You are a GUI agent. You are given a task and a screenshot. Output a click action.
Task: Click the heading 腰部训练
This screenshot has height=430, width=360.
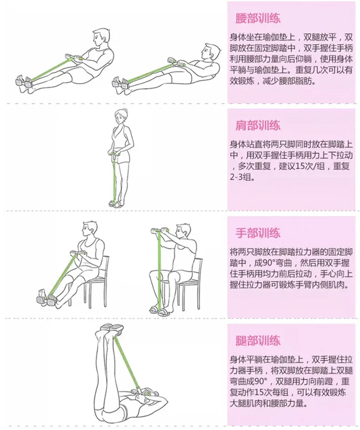pyautogui.click(x=258, y=18)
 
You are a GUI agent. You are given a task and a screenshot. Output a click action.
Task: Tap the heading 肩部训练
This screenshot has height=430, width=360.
pyautogui.click(x=258, y=125)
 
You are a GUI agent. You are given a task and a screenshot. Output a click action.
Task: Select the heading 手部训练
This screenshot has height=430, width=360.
pyautogui.click(x=258, y=233)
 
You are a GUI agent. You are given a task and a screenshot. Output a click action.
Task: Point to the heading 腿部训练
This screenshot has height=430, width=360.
pyautogui.click(x=258, y=340)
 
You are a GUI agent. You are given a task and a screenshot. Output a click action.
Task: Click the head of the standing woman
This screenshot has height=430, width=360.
pyautogui.click(x=121, y=116)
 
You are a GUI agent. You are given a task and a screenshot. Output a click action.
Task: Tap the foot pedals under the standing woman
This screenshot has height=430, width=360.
pyautogui.click(x=115, y=203)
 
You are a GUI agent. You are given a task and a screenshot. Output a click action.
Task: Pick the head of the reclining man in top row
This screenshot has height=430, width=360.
pyautogui.click(x=211, y=52)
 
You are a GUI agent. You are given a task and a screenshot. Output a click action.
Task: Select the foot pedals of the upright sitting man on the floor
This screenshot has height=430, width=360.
pyautogui.click(x=24, y=81)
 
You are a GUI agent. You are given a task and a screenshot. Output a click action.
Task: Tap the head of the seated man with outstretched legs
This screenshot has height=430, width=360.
pyautogui.click(x=90, y=230)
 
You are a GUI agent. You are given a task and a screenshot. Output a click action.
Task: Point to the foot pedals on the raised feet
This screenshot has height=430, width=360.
pyautogui.click(x=112, y=328)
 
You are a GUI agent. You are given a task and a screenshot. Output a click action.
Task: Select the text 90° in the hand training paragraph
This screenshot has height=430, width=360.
pyautogui.click(x=265, y=263)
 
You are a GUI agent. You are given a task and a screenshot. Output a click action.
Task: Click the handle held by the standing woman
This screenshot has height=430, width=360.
pyautogui.click(x=114, y=152)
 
